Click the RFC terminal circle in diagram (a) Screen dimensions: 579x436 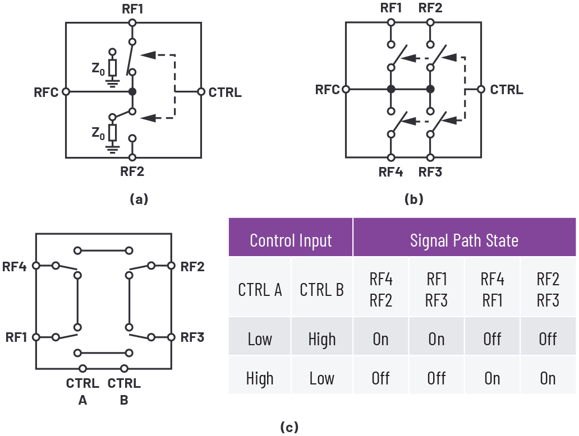coord(66,91)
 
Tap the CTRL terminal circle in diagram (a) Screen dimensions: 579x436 coord(201,91)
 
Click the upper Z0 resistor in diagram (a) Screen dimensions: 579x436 coord(113,67)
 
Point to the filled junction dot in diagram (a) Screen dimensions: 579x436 coord(132,91)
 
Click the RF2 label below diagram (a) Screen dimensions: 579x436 coord(132,171)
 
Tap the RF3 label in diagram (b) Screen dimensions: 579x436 coord(430,172)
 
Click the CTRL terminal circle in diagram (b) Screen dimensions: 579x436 coord(481,89)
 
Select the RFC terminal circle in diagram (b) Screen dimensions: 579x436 coord(346,89)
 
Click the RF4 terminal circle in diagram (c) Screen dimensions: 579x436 coord(36,266)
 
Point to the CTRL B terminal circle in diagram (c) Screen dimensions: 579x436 coord(124,368)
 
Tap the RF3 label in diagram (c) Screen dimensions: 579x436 coord(192,337)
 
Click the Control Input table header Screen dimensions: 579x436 coord(291,240)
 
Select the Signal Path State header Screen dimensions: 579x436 coord(464,240)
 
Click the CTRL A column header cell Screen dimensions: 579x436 coord(260,290)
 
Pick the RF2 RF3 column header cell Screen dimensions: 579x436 coord(548,290)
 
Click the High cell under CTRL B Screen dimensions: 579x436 coord(322,339)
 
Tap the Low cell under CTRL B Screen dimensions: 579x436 coord(322,378)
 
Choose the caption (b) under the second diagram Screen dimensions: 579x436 coord(413,199)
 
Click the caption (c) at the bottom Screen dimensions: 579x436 coord(289,427)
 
